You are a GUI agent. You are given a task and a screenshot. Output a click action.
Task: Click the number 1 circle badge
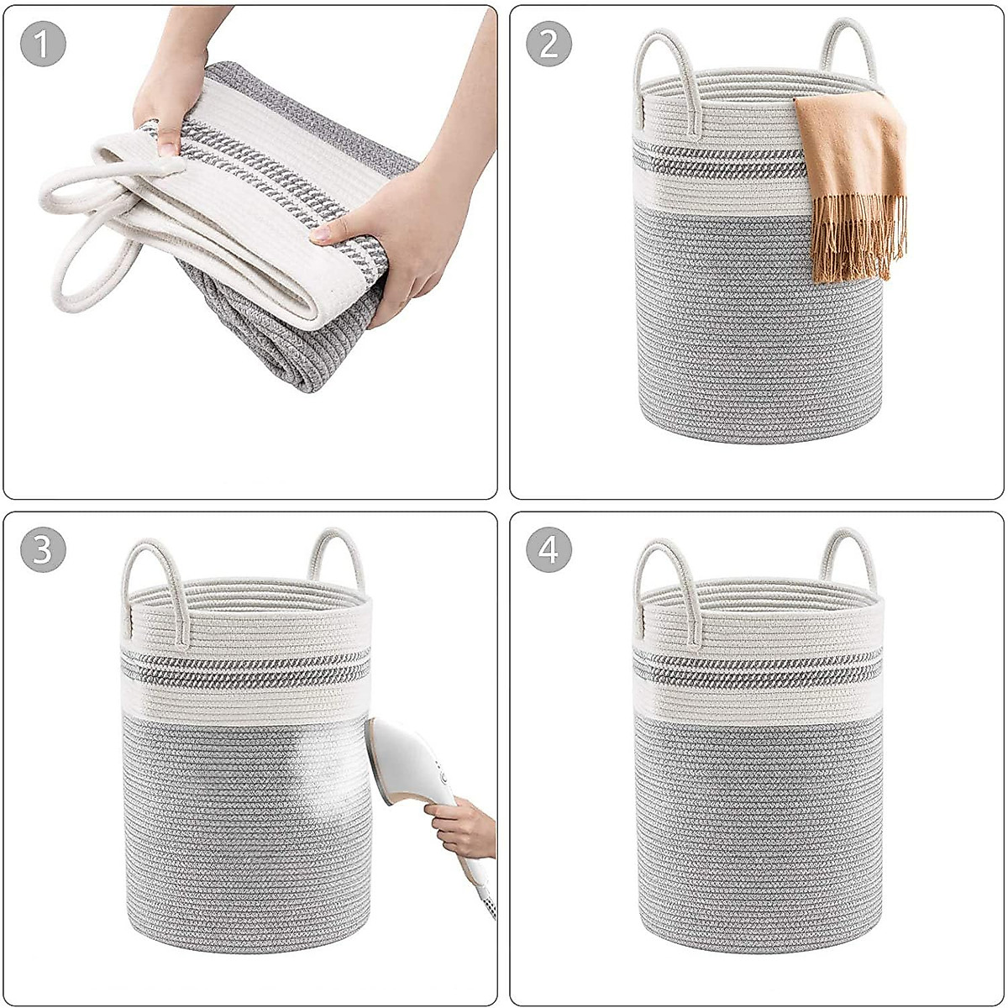coord(43,45)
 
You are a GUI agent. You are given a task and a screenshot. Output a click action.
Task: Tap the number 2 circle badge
coord(549,45)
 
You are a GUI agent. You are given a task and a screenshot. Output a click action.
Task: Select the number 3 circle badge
coord(43,551)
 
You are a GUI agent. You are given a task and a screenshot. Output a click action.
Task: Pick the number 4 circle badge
coord(549,551)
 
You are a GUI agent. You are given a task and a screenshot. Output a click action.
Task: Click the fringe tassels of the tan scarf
coord(857,244)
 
